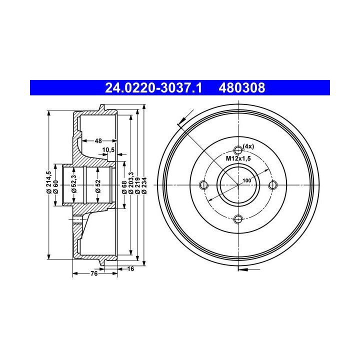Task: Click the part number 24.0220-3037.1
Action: [x=153, y=87]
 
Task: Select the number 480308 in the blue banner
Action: [x=242, y=87]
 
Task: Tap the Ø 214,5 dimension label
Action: [x=48, y=182]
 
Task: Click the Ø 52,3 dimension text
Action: [x=74, y=183]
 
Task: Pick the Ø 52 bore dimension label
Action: [x=98, y=186]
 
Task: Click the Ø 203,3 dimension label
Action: [x=131, y=183]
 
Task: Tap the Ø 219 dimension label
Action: [x=138, y=185]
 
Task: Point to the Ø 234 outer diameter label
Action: [x=144, y=185]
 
